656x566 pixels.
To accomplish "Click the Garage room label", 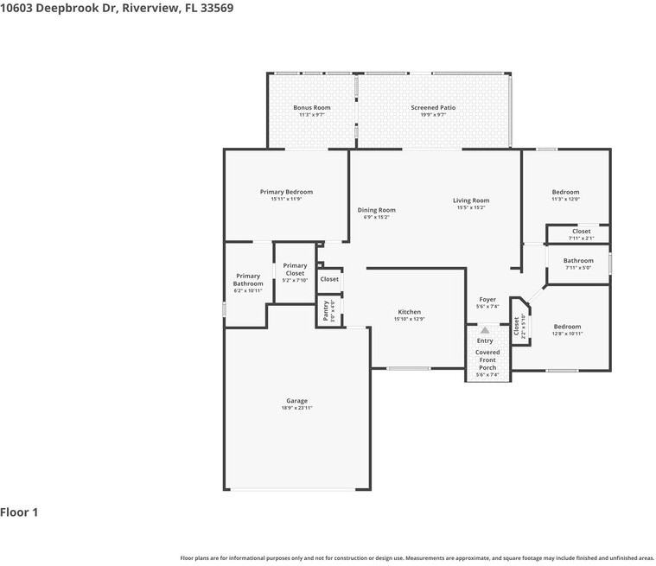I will tap(296, 401).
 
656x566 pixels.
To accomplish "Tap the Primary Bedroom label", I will tap(286, 192).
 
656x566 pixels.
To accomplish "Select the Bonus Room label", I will tap(311, 108).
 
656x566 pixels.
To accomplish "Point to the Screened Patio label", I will tap(432, 108).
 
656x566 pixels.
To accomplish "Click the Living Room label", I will tap(471, 200).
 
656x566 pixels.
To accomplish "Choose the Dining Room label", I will tap(376, 210).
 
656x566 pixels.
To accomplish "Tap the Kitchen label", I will tap(409, 312).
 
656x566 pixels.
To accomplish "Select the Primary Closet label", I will tap(295, 270).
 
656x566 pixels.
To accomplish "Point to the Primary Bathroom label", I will tap(247, 280).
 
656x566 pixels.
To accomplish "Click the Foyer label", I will tap(487, 299).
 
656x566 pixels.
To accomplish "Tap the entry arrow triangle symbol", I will tap(485, 330).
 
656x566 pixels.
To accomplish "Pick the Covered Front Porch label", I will tap(487, 359).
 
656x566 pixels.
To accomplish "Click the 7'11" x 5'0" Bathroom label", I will tap(578, 261).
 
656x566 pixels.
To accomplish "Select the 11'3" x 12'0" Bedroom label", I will tap(565, 192).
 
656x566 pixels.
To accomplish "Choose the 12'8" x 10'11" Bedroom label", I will tap(567, 327).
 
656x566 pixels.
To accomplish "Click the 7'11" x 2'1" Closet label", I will tap(581, 232).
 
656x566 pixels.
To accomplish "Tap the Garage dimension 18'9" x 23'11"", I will tap(296, 408).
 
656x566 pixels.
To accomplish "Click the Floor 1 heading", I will tap(19, 512).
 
